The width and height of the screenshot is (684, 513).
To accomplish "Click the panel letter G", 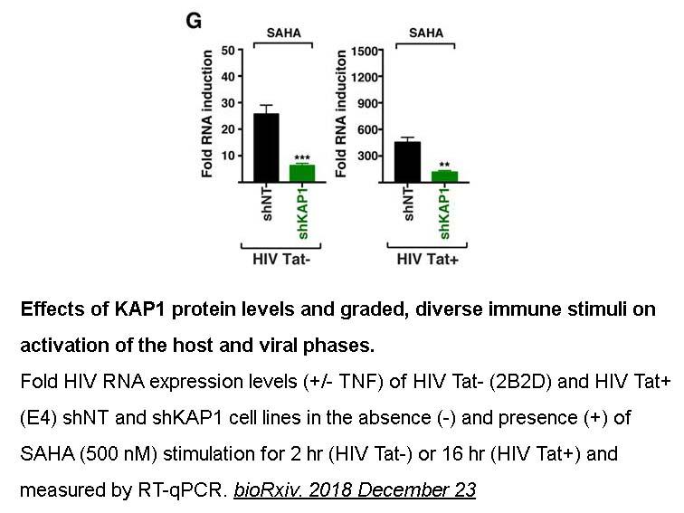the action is tap(194, 21).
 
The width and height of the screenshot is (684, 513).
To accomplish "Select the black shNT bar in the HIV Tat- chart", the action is tap(266, 147).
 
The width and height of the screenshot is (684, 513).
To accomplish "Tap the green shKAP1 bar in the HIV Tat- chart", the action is tap(302, 173).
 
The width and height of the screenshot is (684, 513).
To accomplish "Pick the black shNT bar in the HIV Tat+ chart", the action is tap(408, 162).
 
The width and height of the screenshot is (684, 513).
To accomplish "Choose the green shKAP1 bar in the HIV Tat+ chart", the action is tap(444, 176).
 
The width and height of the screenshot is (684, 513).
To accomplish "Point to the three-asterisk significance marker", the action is tap(302, 158).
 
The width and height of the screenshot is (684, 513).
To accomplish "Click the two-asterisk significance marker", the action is tap(444, 165).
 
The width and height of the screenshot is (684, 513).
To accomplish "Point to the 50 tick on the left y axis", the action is tap(228, 51).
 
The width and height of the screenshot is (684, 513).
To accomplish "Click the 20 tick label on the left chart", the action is tap(228, 129).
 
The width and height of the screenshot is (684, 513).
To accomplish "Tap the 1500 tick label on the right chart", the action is tap(365, 51).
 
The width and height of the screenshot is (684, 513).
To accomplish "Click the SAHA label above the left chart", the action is tap(283, 33).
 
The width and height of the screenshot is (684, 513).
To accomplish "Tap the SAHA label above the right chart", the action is tap(426, 33).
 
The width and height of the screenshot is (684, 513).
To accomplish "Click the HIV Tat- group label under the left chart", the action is tap(281, 259).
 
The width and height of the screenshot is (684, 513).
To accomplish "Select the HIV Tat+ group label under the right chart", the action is tap(427, 259).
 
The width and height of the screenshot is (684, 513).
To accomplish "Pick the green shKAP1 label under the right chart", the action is tap(444, 214).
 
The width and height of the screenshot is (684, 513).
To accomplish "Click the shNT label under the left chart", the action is tap(267, 204).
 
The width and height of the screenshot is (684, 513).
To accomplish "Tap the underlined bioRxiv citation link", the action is tap(355, 489).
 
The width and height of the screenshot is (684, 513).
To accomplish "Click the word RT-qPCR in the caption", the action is tap(181, 490).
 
